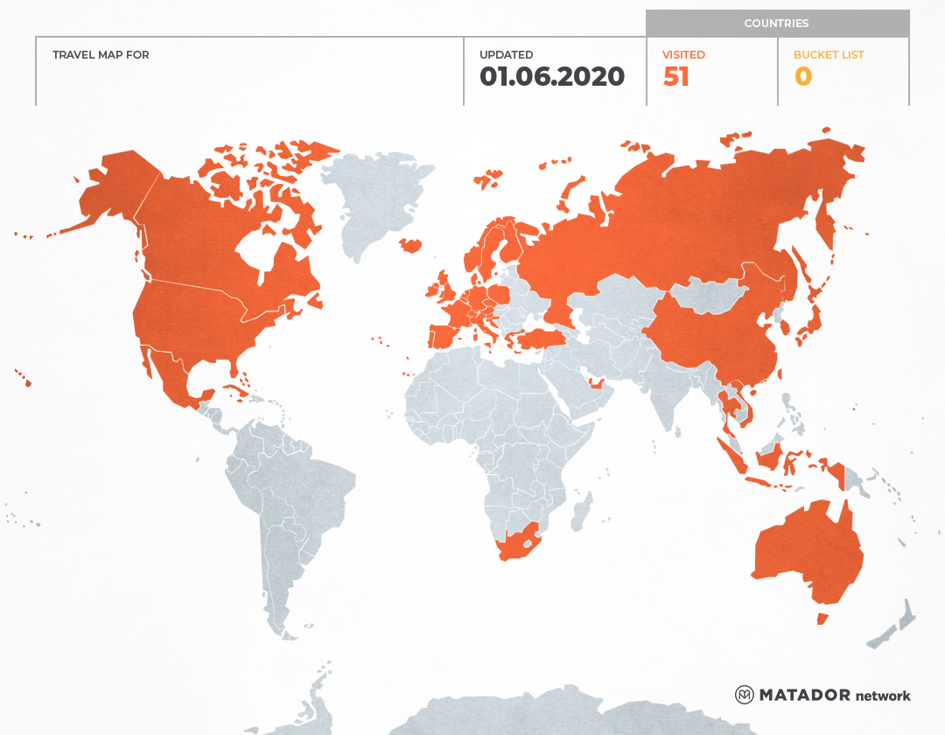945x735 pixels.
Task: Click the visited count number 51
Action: [x=675, y=77]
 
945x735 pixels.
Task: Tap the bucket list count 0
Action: [x=802, y=77]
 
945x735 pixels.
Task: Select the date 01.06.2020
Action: [x=551, y=77]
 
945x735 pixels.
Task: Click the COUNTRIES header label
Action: [x=776, y=24]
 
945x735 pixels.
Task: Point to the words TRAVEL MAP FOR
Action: [x=101, y=55]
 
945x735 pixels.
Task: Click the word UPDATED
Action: [x=506, y=55]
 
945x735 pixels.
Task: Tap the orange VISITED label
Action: [x=683, y=55]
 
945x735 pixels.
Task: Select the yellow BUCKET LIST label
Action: [x=828, y=55]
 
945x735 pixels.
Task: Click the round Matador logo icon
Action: [x=744, y=695]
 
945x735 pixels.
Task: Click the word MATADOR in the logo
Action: [x=804, y=695]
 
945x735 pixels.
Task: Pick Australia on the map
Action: [x=805, y=551]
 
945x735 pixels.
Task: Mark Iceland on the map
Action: [x=409, y=244]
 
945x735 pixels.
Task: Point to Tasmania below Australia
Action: [x=822, y=619]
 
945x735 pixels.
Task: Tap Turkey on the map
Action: [x=534, y=339]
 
